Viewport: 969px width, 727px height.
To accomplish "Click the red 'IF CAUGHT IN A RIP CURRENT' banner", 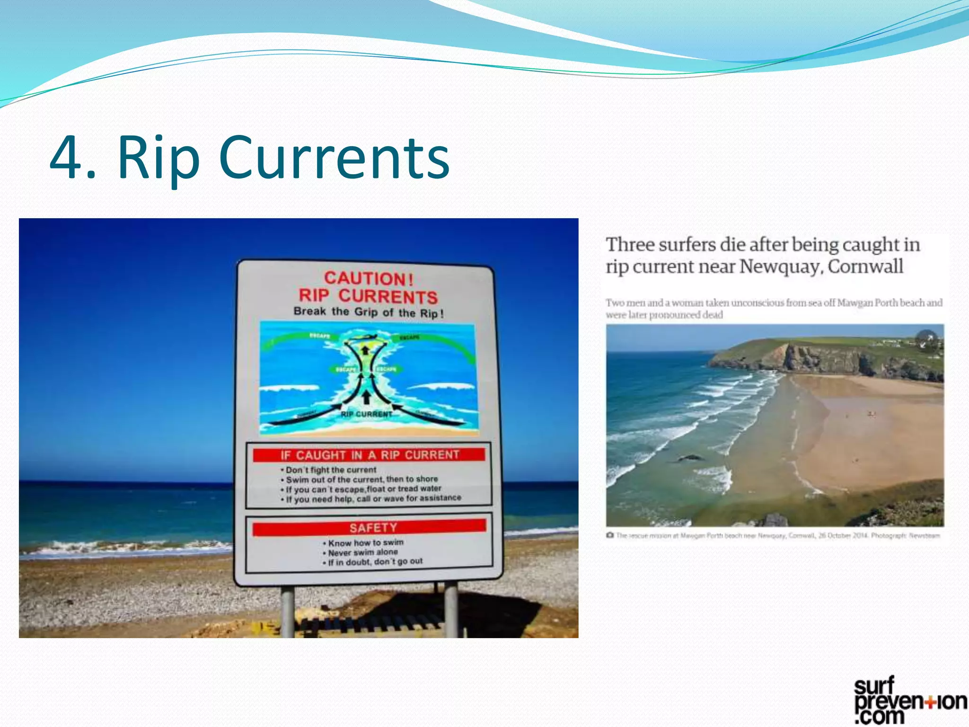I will tap(369, 455).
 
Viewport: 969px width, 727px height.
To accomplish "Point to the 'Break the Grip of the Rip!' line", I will tap(368, 312).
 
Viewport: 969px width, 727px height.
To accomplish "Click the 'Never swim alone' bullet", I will tap(362, 552).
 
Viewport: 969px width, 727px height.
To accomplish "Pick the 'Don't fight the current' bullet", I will tap(331, 470).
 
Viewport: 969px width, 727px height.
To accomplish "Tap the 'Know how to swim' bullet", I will tap(365, 542).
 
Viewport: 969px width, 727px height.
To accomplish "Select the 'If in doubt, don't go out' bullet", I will tap(375, 562).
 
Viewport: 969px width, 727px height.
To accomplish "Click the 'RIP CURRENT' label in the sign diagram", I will tap(366, 414).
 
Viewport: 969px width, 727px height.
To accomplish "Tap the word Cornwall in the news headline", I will tap(865, 266).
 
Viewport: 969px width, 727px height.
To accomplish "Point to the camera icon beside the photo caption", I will tap(610, 535).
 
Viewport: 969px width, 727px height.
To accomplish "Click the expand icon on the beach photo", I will tap(926, 339).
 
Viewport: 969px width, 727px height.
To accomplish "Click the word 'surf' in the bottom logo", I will tap(874, 686).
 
